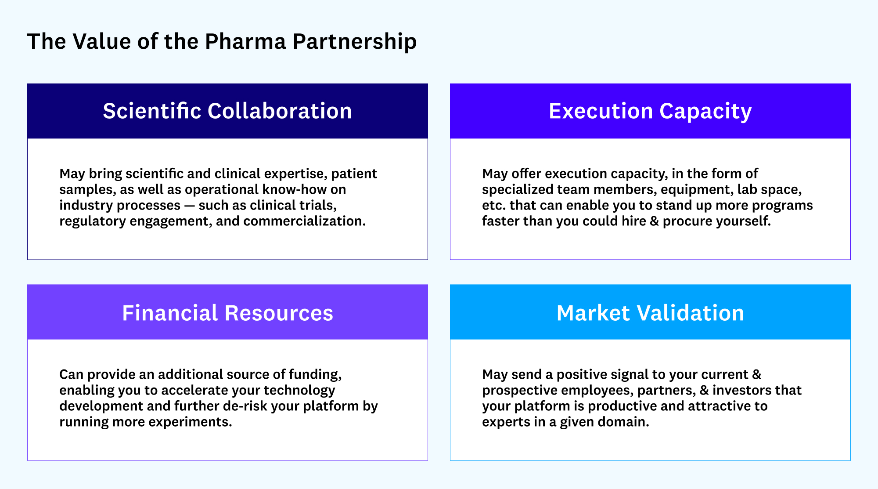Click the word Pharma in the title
point(245,42)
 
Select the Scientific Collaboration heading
point(227,111)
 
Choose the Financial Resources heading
point(227,313)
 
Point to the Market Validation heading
point(650,313)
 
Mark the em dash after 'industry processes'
point(190,206)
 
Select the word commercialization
point(304,221)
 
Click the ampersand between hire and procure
point(655,221)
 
